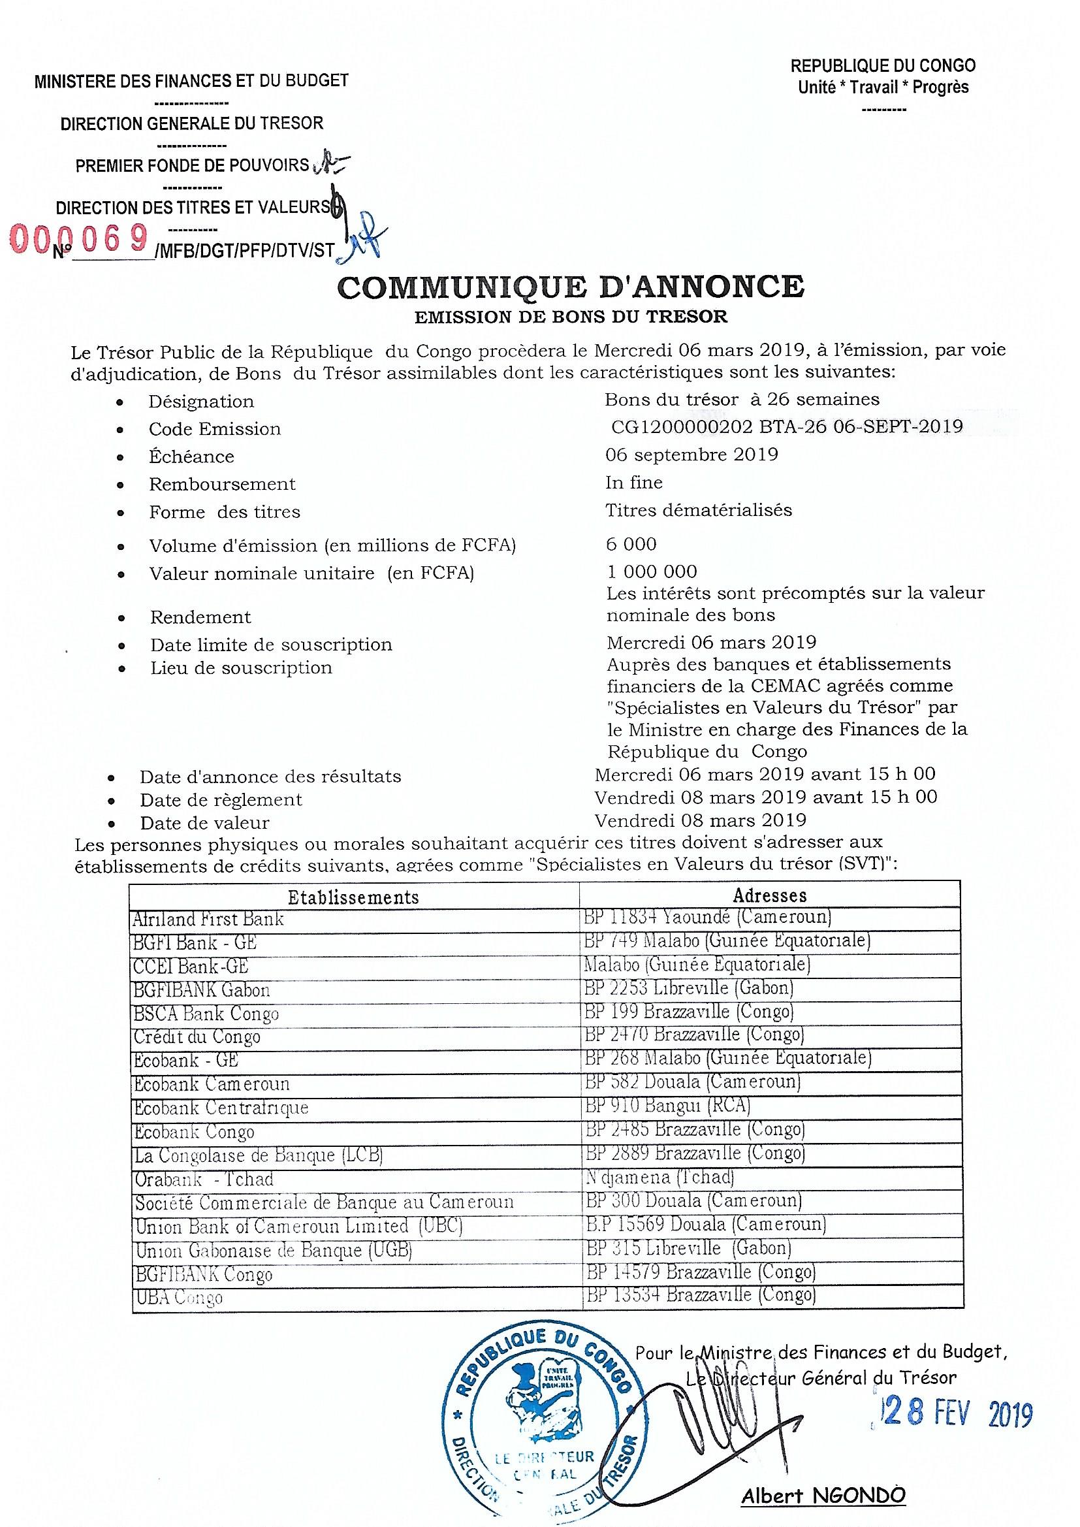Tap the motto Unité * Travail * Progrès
click(x=883, y=87)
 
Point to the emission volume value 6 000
click(x=631, y=544)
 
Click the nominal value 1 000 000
click(x=652, y=571)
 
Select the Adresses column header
click(x=769, y=895)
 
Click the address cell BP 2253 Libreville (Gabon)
click(x=689, y=988)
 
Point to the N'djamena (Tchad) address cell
click(x=659, y=1178)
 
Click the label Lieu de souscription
click(x=241, y=667)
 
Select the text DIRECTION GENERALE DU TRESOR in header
click(x=191, y=123)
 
